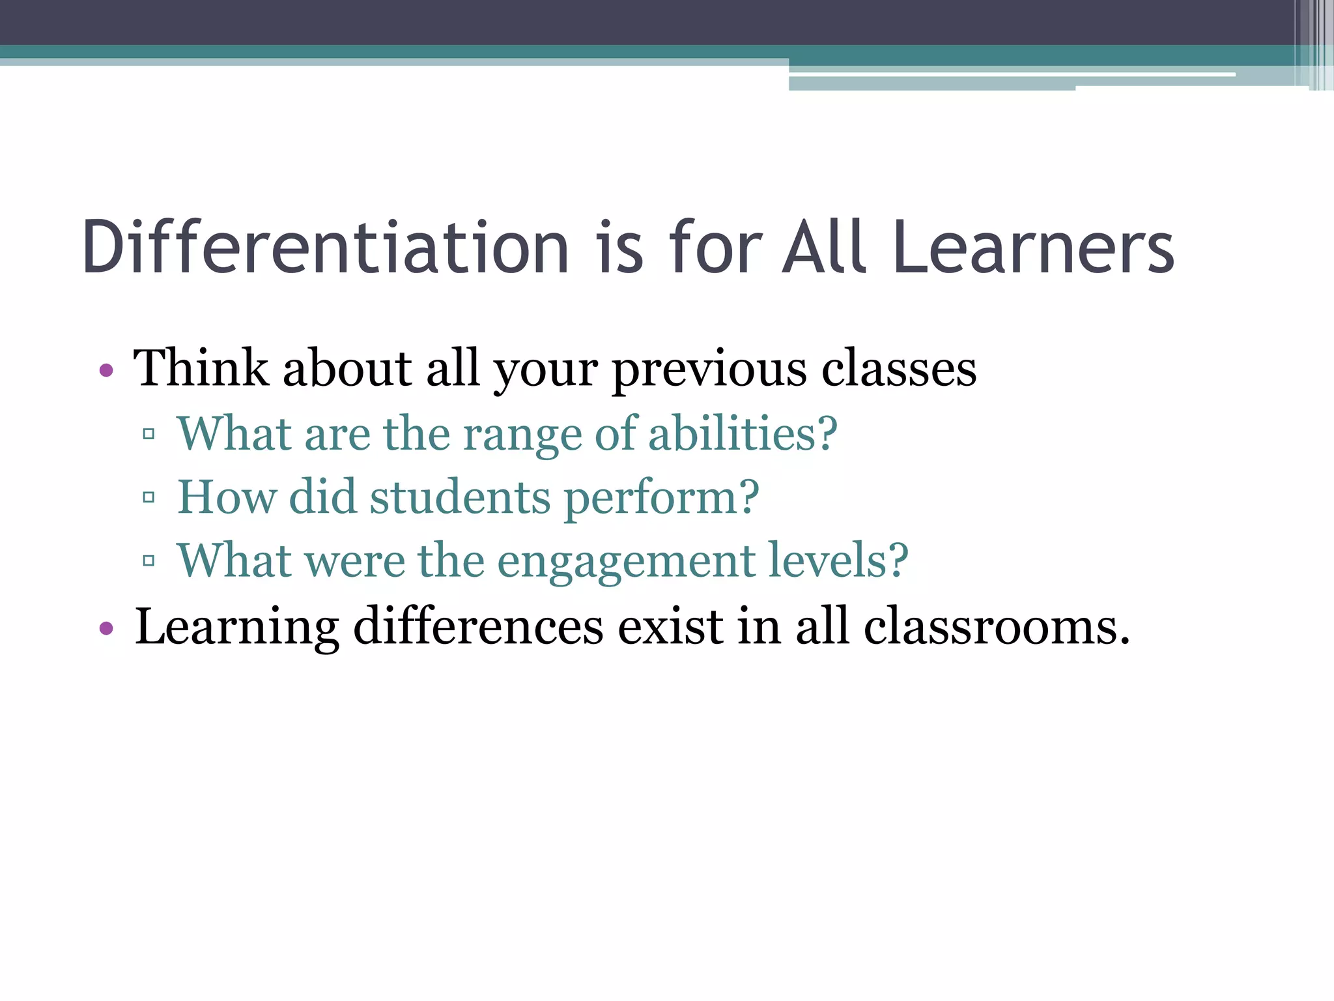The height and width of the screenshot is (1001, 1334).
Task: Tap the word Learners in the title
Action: tap(1034, 247)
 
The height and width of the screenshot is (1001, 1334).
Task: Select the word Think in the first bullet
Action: tap(201, 368)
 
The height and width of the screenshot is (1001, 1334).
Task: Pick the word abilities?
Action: tap(743, 434)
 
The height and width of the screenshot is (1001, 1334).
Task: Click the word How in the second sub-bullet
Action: tap(226, 497)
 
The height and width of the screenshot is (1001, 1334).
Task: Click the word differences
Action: tap(478, 627)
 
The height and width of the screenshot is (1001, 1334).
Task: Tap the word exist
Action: tap(670, 627)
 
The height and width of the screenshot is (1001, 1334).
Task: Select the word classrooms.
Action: tap(997, 627)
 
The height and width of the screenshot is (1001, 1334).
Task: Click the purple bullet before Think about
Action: tap(106, 371)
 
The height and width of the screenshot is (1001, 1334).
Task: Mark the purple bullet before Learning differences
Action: tap(106, 630)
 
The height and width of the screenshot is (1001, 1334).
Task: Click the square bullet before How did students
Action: tap(149, 498)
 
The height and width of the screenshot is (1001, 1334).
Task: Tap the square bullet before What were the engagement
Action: tap(149, 560)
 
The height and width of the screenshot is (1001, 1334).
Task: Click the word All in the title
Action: tap(825, 247)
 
